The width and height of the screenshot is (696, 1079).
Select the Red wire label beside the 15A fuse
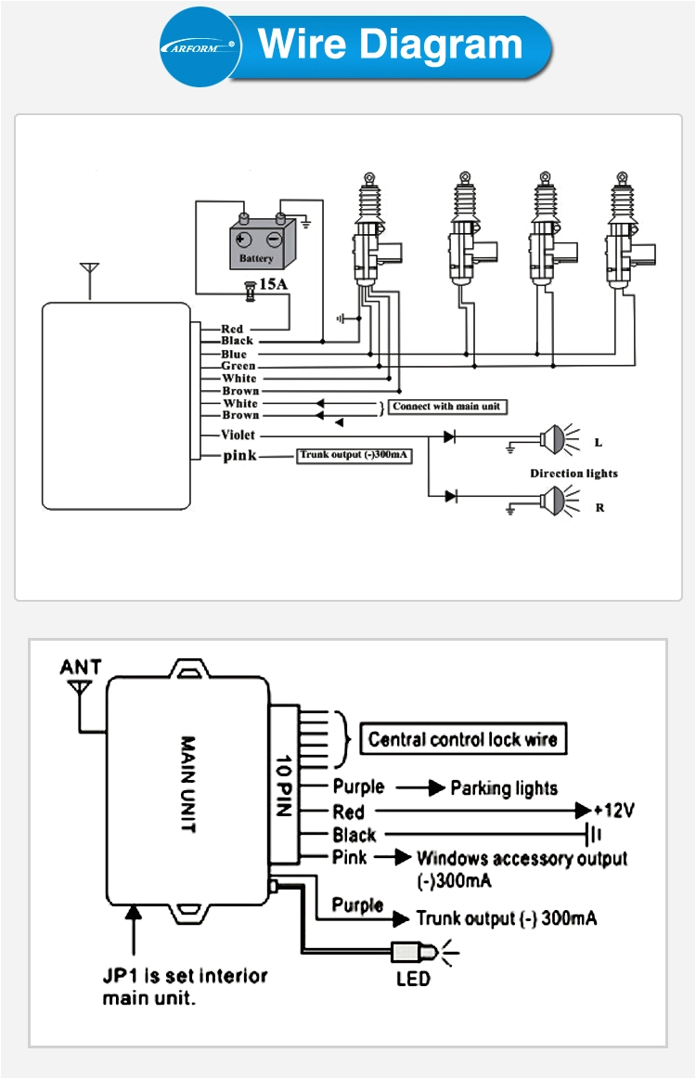(232, 329)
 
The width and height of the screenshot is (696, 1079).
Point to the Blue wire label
(234, 354)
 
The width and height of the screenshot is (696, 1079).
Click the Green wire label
(238, 366)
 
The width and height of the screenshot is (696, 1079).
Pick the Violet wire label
(238, 435)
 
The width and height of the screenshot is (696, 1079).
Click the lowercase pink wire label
(239, 455)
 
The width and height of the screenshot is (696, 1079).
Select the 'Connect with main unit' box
(448, 407)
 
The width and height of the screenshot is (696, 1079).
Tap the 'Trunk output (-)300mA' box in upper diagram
(354, 455)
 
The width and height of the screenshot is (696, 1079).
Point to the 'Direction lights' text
(574, 473)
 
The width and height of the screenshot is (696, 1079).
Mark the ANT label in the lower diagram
(81, 668)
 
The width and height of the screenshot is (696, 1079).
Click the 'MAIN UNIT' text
(187, 785)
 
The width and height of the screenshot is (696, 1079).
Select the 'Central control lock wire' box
(462, 739)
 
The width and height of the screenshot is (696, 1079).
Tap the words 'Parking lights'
(504, 788)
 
